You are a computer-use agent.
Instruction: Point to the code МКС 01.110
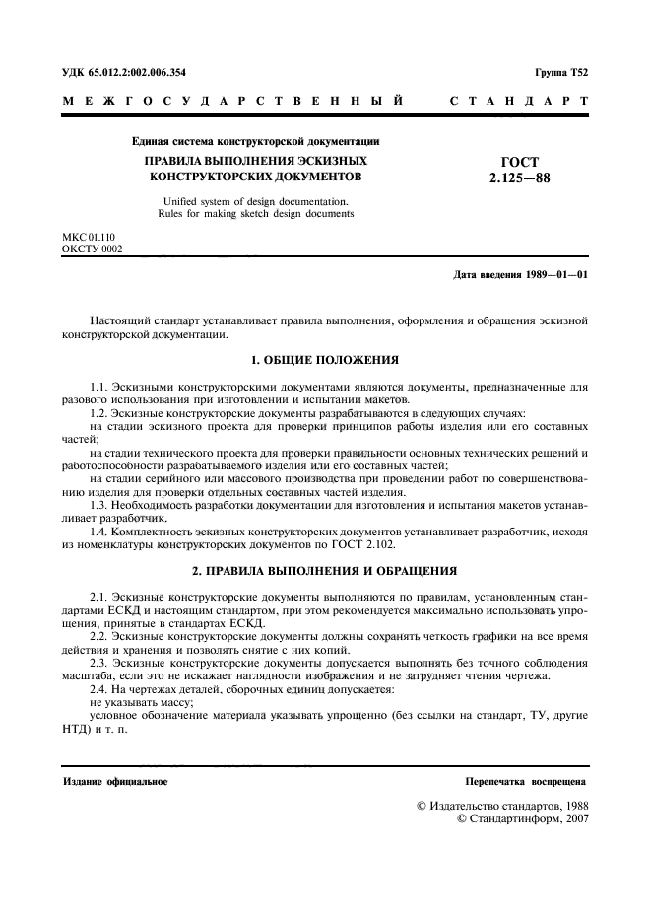(x=88, y=240)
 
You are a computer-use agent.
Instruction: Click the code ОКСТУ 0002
(x=92, y=251)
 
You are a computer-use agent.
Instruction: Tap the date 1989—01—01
(x=553, y=275)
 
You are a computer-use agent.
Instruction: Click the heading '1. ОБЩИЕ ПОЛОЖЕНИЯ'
(x=324, y=360)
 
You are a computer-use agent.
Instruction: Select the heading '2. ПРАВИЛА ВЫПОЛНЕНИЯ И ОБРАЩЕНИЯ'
(x=324, y=571)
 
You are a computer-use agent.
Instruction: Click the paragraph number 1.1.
(x=98, y=388)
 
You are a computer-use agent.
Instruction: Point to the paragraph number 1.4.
(x=98, y=530)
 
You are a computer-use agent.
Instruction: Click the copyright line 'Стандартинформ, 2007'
(x=522, y=819)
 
